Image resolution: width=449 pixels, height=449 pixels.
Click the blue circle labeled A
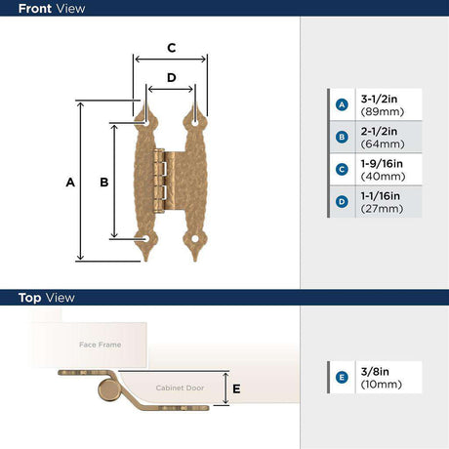(342, 104)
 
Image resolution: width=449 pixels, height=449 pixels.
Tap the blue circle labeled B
(342, 137)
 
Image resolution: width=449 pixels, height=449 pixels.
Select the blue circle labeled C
(342, 169)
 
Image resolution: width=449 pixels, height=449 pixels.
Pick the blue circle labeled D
(342, 202)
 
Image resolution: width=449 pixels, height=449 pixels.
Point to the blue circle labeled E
(342, 378)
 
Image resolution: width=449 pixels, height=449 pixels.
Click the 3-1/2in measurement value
(379, 99)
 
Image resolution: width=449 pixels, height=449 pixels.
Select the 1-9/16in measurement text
(382, 164)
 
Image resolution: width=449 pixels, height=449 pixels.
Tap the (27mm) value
(382, 209)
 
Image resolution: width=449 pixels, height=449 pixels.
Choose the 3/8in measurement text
(375, 372)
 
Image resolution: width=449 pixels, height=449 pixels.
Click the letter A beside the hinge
(70, 183)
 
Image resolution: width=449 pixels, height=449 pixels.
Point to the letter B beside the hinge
(104, 183)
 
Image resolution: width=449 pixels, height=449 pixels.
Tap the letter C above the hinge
(172, 48)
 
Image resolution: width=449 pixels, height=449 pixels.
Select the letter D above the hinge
(172, 77)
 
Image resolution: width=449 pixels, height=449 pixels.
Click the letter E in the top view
(236, 388)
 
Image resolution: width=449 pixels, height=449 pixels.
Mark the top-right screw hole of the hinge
(195, 124)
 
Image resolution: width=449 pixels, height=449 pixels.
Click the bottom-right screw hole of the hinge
(195, 239)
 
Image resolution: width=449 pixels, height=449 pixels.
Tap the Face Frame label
(101, 345)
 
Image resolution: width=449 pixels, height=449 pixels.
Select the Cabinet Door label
(180, 388)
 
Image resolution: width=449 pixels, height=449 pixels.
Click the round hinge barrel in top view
(108, 389)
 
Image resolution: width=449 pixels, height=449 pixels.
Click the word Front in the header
(34, 9)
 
